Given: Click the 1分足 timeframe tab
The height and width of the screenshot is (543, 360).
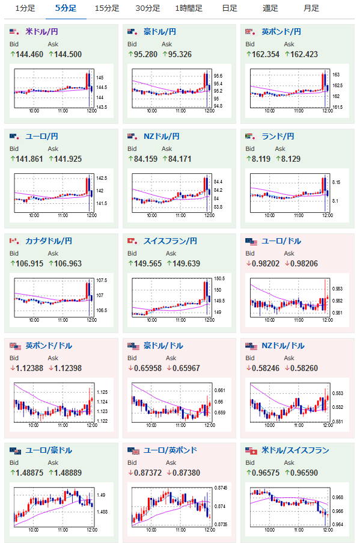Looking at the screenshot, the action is (25, 8).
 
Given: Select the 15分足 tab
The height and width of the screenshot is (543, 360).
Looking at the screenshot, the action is (107, 8).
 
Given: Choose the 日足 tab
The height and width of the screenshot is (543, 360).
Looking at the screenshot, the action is (230, 8).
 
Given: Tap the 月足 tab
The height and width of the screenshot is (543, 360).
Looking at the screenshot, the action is (311, 8).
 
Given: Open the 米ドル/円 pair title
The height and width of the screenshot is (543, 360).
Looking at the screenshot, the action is (41, 32).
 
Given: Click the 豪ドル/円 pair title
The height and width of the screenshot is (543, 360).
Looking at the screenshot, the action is (160, 32).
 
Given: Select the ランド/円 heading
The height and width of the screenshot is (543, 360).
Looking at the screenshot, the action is (278, 137).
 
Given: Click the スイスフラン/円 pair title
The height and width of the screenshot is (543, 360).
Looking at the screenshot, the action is (170, 241).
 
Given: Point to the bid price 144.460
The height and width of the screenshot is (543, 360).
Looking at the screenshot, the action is (29, 54).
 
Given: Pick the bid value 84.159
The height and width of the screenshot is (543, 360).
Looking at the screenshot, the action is (145, 159).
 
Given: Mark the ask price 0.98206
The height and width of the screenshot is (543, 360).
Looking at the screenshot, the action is (304, 263).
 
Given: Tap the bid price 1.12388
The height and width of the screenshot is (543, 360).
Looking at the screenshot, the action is (29, 368).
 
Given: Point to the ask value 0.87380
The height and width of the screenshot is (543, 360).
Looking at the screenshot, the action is (186, 473).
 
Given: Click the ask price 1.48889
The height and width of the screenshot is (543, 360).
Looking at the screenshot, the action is (68, 473).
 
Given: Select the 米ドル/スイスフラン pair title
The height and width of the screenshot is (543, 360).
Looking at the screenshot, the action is (295, 450).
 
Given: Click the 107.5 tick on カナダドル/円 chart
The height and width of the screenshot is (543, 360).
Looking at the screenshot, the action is (102, 280).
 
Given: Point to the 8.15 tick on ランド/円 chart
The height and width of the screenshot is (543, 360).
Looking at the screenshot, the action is (336, 182).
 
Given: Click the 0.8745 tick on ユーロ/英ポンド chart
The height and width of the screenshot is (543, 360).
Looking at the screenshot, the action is (221, 488).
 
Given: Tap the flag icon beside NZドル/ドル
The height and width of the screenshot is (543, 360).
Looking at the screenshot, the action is (251, 346).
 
